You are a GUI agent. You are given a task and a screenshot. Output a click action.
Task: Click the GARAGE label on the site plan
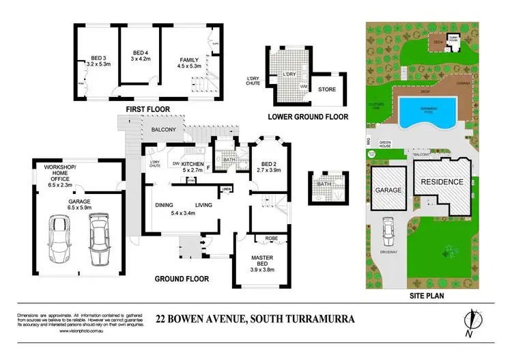(x=386, y=191)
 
